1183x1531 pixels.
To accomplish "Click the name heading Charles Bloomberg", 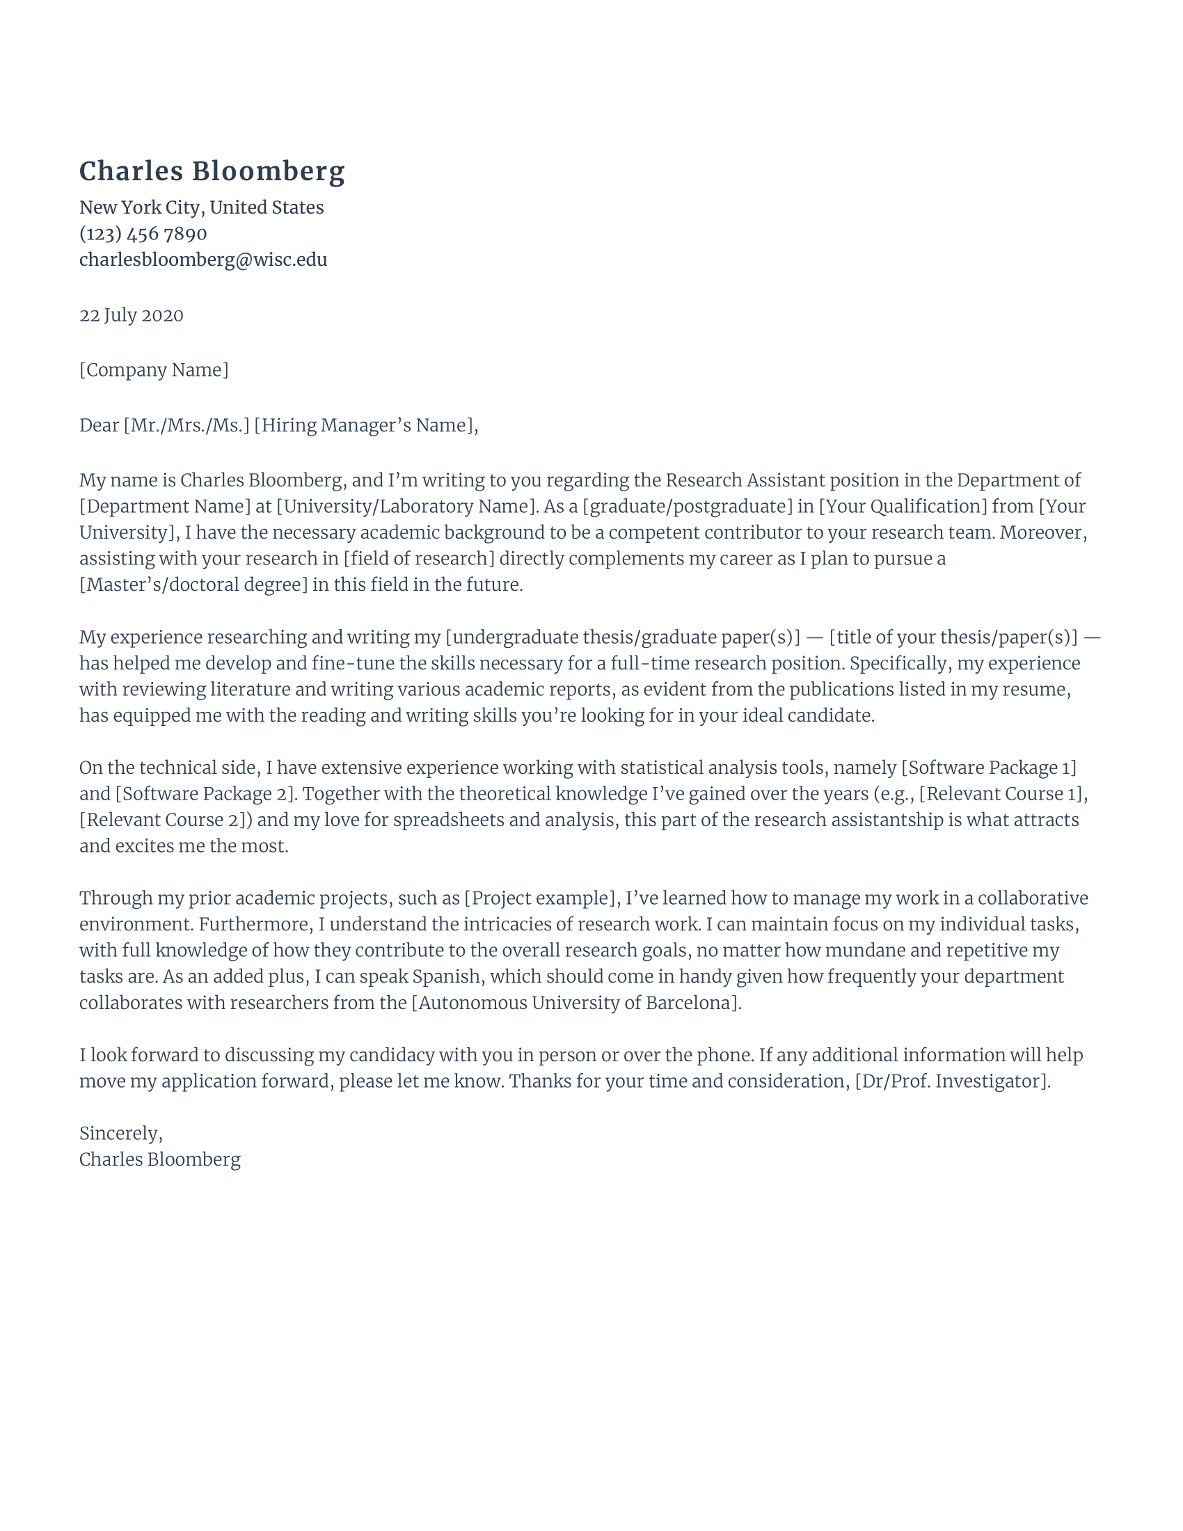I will (212, 172).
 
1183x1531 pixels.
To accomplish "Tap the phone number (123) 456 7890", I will (143, 233).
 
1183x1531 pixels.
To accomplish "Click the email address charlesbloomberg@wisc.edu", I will (203, 260).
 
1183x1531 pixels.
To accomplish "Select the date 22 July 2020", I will (131, 315).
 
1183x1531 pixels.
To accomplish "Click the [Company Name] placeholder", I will (154, 370).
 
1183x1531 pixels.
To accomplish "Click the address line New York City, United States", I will (201, 207).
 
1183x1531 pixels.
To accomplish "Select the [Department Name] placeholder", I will (165, 506).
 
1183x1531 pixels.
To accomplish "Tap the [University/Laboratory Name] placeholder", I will (405, 506).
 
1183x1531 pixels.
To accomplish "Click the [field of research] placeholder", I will (419, 559).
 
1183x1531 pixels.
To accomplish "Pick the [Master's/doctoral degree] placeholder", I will (193, 585).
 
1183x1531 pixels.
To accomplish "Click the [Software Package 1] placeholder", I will (988, 768).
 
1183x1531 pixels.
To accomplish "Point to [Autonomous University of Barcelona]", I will (575, 1002).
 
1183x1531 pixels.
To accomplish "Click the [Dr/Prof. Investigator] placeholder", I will (952, 1081).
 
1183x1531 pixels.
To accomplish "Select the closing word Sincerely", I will (120, 1134).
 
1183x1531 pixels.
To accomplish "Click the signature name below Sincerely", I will (160, 1159).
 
